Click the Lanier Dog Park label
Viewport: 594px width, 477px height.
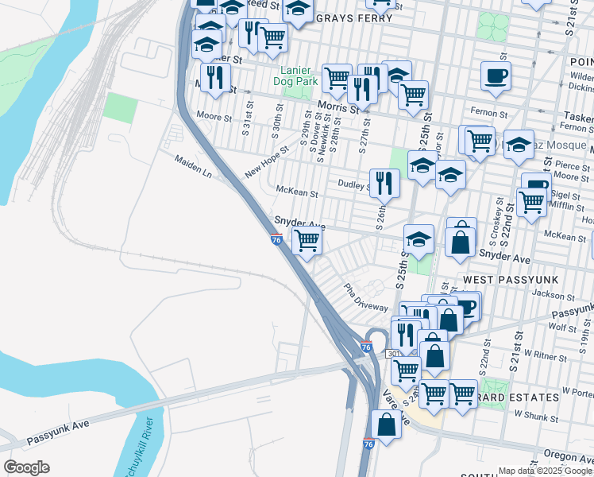(295, 75)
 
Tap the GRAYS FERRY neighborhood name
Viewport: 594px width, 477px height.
(351, 17)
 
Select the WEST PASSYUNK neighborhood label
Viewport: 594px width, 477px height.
(504, 280)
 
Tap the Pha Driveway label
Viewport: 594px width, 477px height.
(365, 297)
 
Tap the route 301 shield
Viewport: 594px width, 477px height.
(395, 353)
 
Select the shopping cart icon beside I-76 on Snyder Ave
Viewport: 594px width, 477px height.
(307, 239)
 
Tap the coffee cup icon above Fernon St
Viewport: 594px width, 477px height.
(496, 76)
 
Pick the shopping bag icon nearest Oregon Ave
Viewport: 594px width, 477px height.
(386, 425)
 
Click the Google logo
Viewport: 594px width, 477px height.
(26, 467)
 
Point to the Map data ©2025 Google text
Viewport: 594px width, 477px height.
(545, 471)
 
